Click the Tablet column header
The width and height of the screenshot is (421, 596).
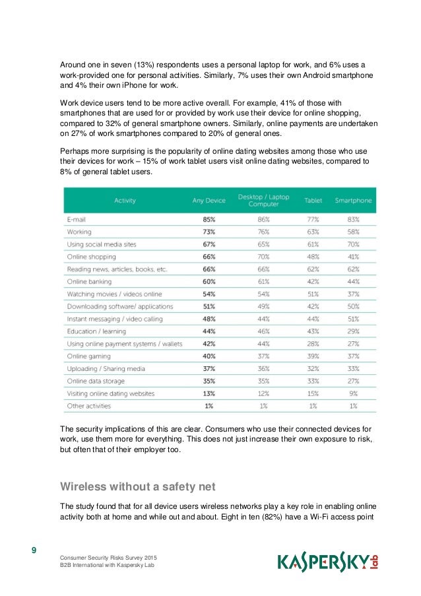pyautogui.click(x=313, y=200)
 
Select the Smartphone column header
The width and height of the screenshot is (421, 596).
pyautogui.click(x=353, y=200)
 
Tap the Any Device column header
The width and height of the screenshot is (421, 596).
pyautogui.click(x=209, y=200)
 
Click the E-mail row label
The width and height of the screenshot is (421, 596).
pyautogui.click(x=77, y=219)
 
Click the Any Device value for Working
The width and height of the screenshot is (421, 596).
pyautogui.click(x=209, y=232)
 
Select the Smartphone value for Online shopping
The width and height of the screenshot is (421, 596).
pyautogui.click(x=353, y=257)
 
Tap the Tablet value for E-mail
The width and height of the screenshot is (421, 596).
pyautogui.click(x=313, y=219)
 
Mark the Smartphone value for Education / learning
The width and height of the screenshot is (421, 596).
pyautogui.click(x=353, y=331)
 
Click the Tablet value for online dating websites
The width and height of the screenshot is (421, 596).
pyautogui.click(x=313, y=393)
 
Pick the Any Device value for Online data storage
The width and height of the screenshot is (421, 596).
pyautogui.click(x=209, y=381)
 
